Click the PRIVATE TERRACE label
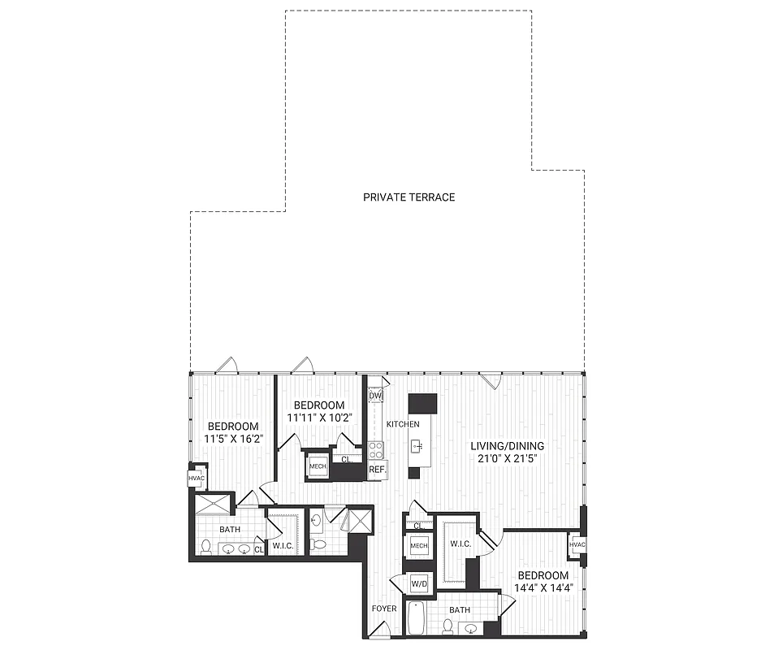pos(409,197)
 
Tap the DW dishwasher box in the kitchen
pos(374,396)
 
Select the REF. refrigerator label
pos(377,470)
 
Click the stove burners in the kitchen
pos(375,449)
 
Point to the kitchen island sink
pos(417,445)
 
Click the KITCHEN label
pos(403,425)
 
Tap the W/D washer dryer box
pos(420,583)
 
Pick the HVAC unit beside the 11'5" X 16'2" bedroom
pos(197,479)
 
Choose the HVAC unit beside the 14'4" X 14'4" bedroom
pos(577,544)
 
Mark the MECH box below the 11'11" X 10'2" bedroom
pos(318,466)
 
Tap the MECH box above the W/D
pos(419,546)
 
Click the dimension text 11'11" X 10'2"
pos(318,418)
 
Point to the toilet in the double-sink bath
pos(206,547)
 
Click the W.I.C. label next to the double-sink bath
pos(283,545)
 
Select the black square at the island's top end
pos(422,404)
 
